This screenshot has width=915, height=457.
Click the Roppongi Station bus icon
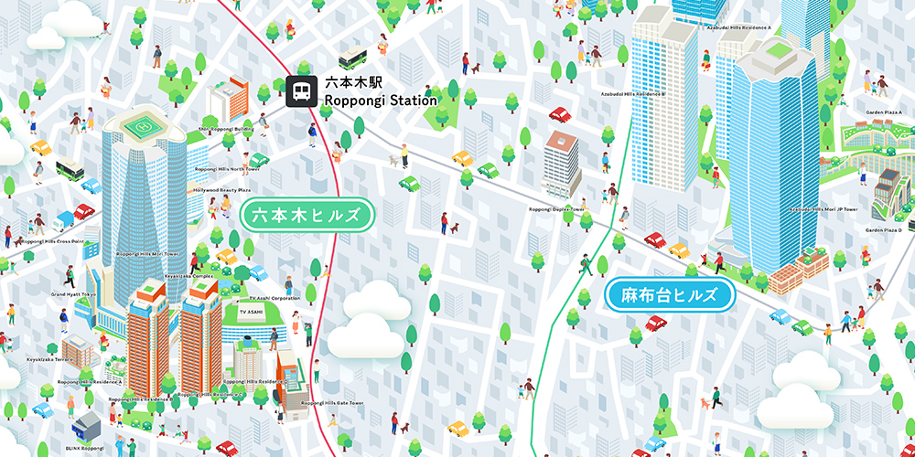[x=298, y=91]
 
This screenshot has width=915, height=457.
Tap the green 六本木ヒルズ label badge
[x=307, y=217]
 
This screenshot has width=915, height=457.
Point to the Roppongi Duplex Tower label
[x=556, y=208]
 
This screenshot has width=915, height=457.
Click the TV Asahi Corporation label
[x=274, y=298]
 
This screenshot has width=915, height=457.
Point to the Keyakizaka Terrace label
[x=49, y=359]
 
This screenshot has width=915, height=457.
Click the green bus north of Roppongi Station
[x=352, y=60]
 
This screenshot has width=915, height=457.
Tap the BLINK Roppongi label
[x=84, y=449]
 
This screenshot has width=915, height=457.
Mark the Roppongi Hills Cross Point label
[x=51, y=241]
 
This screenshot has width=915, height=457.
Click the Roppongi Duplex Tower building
[x=562, y=166]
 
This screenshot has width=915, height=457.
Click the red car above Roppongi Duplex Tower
[x=559, y=115]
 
